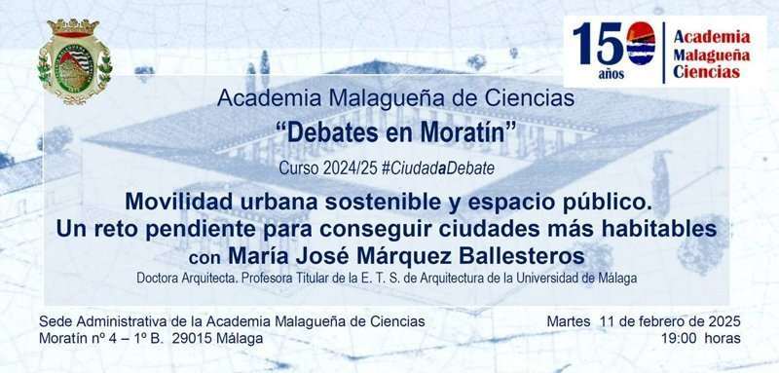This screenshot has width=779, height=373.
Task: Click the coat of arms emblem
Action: [75, 61]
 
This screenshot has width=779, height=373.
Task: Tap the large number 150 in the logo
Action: [613, 44]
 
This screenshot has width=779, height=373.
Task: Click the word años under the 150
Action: [612, 74]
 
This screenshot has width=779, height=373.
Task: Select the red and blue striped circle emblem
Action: [641, 44]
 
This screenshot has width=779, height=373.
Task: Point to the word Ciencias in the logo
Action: [707, 72]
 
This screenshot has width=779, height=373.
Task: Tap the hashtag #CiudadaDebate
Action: [438, 168]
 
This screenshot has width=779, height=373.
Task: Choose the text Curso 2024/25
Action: [328, 168]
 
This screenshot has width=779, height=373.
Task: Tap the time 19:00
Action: [678, 339]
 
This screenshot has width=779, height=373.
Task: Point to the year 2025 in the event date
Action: [724, 321]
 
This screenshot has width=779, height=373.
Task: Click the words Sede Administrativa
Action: [100, 321]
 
